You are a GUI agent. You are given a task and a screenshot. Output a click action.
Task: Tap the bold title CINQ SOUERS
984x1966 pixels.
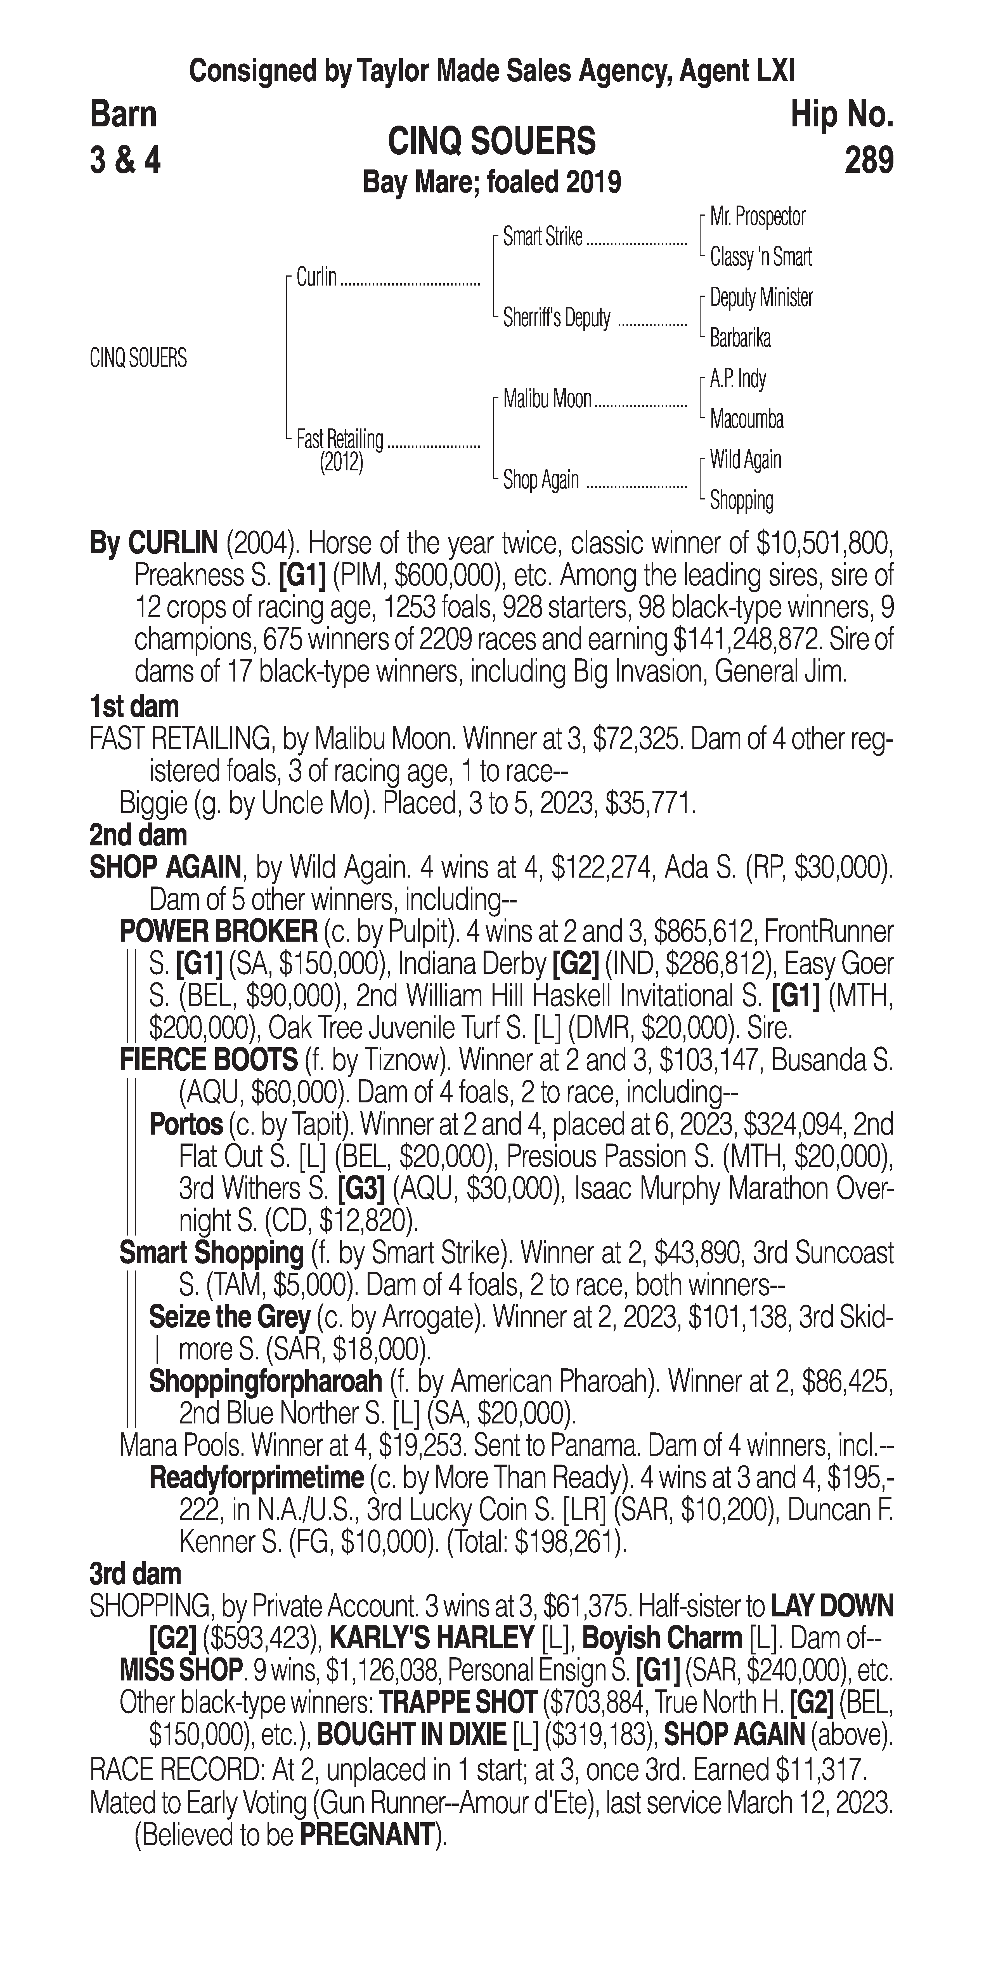coord(492,142)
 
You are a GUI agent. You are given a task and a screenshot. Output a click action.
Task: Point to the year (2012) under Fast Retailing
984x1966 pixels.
coord(341,463)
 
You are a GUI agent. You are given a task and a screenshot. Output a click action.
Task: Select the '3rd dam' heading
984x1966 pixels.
coord(135,1574)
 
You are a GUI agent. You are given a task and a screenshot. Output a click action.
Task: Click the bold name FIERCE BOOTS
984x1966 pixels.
coord(208,1060)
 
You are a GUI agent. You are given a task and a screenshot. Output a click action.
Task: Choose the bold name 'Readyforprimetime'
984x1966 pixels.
coord(256,1478)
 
